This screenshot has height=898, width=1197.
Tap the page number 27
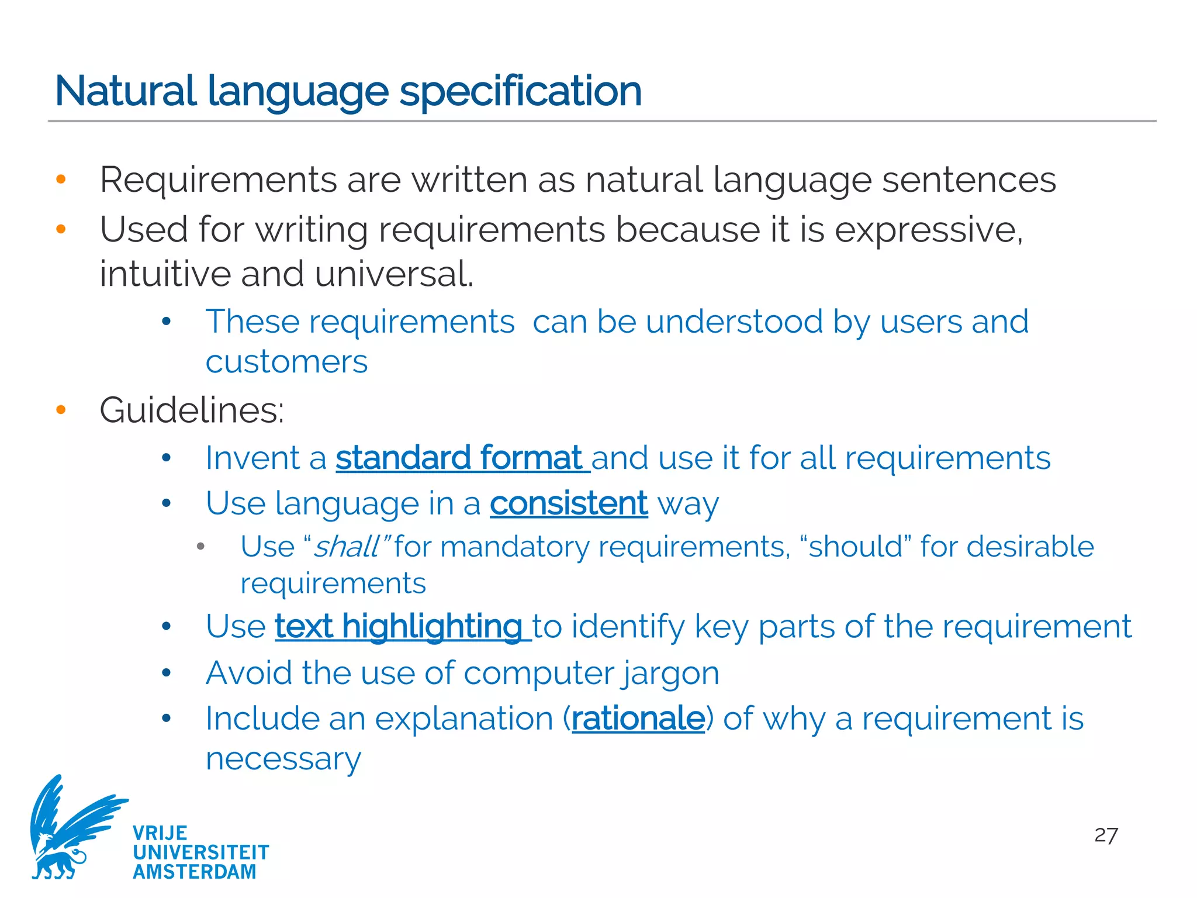click(1106, 835)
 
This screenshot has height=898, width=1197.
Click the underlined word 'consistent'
click(569, 503)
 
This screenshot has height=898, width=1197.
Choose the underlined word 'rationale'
click(638, 719)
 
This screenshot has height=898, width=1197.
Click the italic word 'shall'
click(347, 547)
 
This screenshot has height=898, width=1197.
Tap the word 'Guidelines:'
click(192, 410)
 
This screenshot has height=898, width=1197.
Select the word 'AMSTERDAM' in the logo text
click(195, 872)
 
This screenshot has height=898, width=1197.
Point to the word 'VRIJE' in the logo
click(160, 833)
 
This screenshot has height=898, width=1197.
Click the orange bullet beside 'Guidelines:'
click(61, 410)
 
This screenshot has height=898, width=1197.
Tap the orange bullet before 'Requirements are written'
click(61, 179)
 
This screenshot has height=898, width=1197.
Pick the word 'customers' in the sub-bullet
click(286, 362)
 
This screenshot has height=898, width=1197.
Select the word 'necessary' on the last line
click(283, 759)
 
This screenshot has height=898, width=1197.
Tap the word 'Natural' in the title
click(125, 91)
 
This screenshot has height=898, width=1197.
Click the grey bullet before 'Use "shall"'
click(200, 547)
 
